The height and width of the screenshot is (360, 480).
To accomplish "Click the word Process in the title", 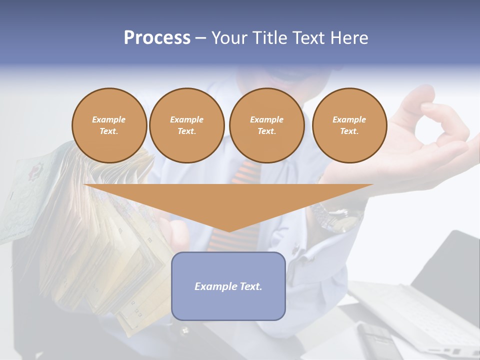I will pos(157,38).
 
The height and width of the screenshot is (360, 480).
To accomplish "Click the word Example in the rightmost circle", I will pos(349,119).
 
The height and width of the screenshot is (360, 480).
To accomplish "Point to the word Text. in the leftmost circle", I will pos(109,131).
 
